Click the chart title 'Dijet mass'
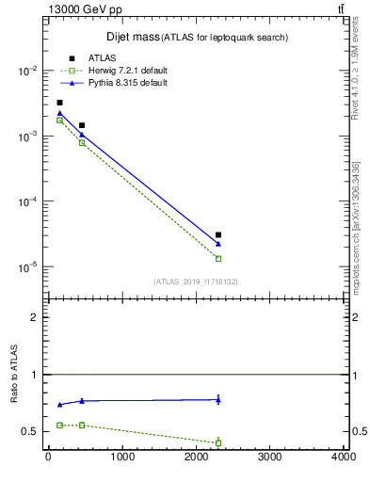[131, 37]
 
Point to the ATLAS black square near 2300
[218, 234]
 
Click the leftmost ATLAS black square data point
[59, 103]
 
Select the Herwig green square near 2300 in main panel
[218, 258]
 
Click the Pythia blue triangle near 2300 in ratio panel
[218, 399]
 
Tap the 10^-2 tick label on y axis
[27, 72]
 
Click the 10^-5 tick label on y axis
[27, 267]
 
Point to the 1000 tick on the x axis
[121, 458]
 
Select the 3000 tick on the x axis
[270, 458]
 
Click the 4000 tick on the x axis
[344, 458]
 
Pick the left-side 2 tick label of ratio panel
[35, 317]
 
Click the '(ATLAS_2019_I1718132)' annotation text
[196, 281]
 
